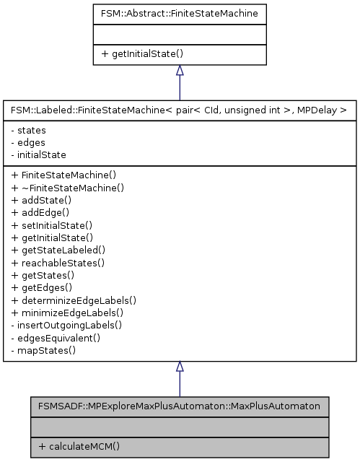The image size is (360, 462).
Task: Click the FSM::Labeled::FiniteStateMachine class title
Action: pyautogui.click(x=180, y=110)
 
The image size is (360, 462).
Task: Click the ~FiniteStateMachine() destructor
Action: pyautogui.click(x=68, y=187)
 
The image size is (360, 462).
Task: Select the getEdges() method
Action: pyautogui.click(x=45, y=287)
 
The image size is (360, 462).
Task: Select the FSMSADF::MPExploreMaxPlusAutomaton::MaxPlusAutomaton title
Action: pyautogui.click(x=180, y=405)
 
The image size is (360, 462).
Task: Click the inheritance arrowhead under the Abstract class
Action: pyautogui.click(x=180, y=71)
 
